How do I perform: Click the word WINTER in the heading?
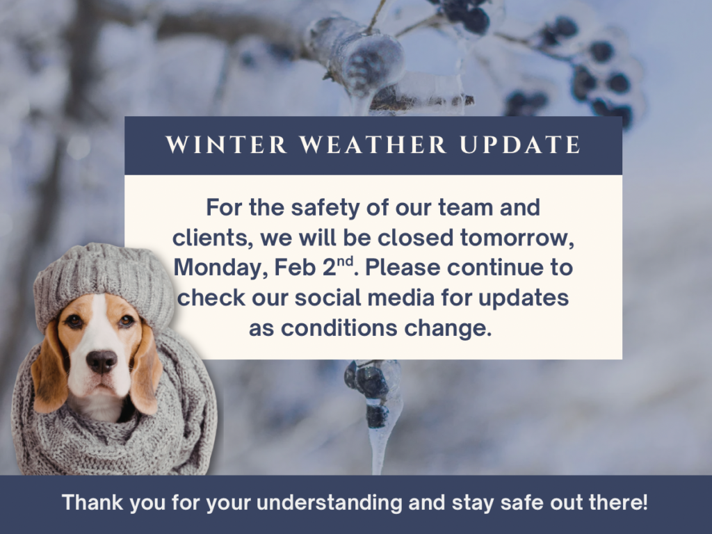coord(226,145)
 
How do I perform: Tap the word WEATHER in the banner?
coord(373,145)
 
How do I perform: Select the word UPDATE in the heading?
coord(520,145)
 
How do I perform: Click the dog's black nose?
coord(102,361)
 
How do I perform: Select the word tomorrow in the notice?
coord(517,238)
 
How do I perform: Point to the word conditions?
coord(339,328)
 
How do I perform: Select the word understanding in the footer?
coord(329,503)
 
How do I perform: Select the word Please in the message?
coord(403,268)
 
